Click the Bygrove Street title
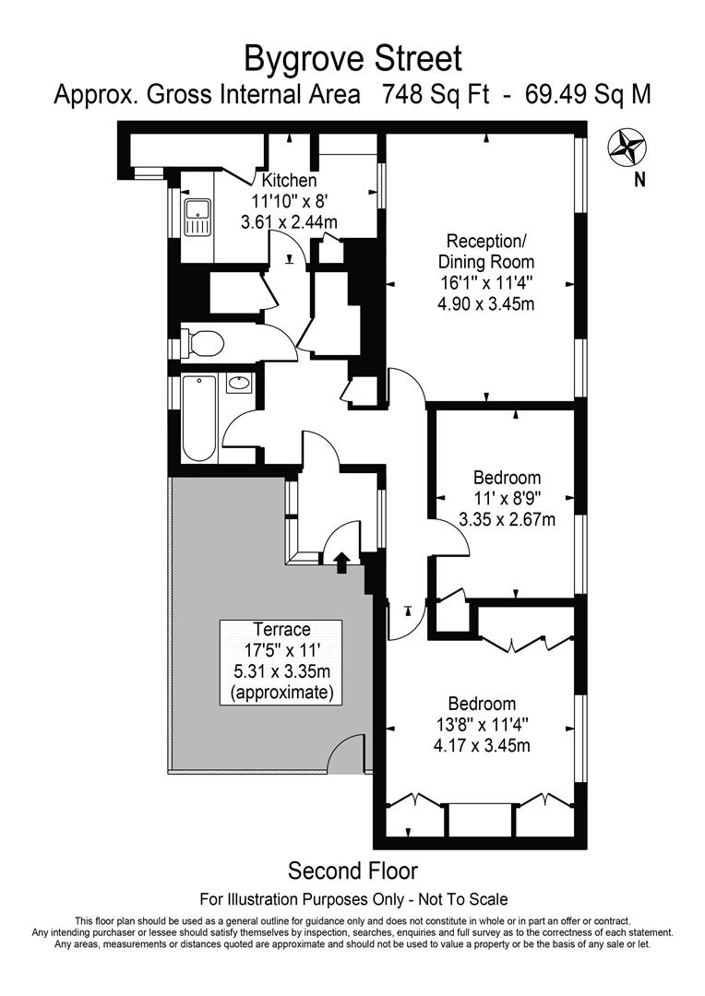pos(352,59)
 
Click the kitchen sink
pos(197,217)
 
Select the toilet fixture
pos(204,343)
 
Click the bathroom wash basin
pos(238,383)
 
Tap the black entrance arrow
pos(341,561)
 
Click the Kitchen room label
pos(289,181)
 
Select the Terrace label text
pos(282,630)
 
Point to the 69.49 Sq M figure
pos(588,95)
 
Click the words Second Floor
pos(352,870)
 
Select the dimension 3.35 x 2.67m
pos(507,519)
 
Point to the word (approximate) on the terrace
pos(282,692)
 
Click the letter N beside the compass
pos(639,180)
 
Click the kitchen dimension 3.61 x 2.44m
pos(289,221)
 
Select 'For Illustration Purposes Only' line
pos(353,899)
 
